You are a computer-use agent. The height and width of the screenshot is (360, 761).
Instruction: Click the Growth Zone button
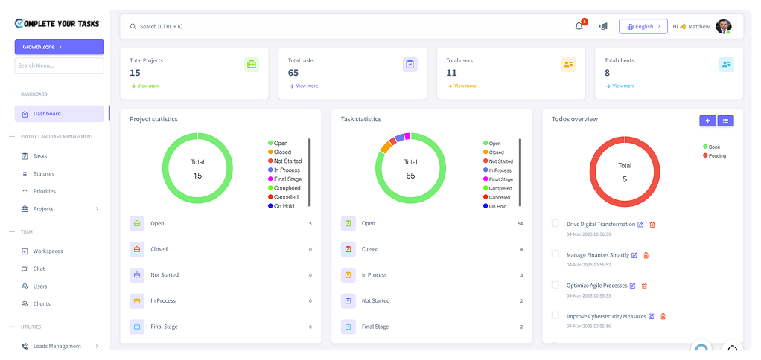point(59,47)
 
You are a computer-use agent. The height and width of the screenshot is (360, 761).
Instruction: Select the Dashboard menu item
point(47,114)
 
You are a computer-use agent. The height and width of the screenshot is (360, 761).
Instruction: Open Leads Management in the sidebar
point(57,346)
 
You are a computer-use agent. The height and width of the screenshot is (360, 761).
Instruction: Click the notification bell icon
point(579,26)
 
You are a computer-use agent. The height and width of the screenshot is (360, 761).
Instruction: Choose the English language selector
point(643,26)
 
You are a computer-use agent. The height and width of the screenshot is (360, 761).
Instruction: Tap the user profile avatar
point(723,26)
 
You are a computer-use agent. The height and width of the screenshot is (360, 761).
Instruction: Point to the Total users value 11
point(451,73)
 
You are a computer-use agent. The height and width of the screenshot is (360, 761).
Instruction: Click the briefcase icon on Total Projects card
point(252,65)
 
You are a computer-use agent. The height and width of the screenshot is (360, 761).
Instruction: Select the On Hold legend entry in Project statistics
point(283,206)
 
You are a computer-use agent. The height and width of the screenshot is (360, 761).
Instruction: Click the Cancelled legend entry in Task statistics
point(499,197)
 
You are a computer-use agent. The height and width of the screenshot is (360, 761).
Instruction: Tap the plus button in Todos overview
point(707,120)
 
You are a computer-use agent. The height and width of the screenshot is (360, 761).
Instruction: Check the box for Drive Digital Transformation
point(555,223)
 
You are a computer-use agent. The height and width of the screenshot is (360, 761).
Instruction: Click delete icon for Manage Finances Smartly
point(646,255)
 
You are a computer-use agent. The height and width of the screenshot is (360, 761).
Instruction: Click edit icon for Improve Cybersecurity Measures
point(651,316)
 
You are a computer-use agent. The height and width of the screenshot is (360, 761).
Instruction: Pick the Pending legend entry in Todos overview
point(716,156)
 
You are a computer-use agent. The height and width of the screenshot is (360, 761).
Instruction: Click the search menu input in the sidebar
point(59,65)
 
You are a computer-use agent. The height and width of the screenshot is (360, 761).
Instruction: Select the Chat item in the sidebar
point(39,269)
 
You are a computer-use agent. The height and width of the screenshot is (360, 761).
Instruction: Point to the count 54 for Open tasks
point(520,223)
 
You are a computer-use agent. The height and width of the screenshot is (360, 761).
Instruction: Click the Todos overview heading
point(574,119)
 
